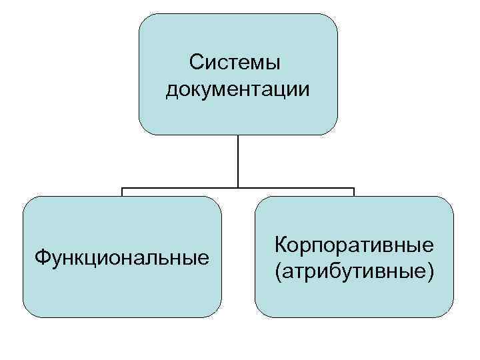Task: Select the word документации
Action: pos(238,89)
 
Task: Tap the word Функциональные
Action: pos(121,257)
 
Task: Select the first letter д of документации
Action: pos(172,89)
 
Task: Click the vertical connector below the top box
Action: pos(238,160)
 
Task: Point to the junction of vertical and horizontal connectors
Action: pos(238,187)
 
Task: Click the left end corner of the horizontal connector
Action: pos(122,188)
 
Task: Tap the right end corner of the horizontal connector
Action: pos(354,188)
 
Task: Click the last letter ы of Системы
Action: pos(273,63)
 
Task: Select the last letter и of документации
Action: pos(305,89)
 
